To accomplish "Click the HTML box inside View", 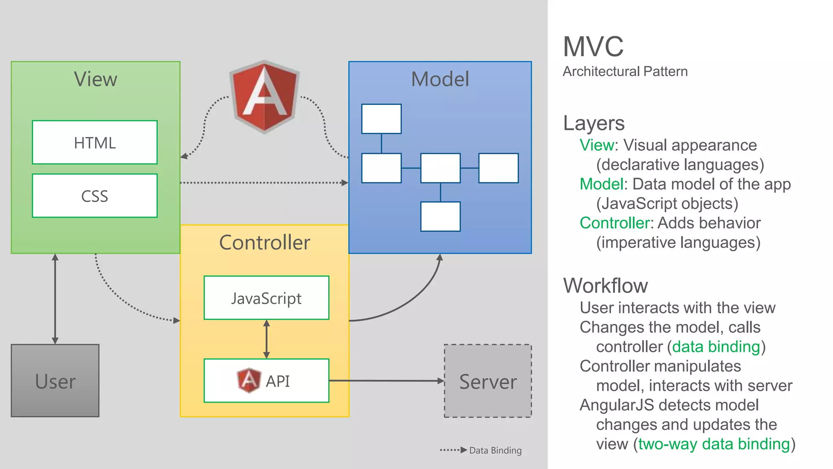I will tap(95, 142).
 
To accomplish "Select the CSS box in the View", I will tap(95, 196).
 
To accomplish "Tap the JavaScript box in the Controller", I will tap(266, 298).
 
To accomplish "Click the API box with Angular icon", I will tap(266, 381).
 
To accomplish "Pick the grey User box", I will tap(55, 381).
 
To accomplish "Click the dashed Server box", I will tap(488, 381).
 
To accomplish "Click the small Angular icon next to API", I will tap(249, 380).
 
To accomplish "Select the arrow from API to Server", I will tap(386, 381).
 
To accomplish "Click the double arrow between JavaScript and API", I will tap(266, 339).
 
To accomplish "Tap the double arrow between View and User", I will tap(55, 299).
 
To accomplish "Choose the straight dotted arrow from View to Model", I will tap(264, 183).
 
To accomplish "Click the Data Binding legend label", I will tap(495, 450).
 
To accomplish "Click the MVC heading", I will tap(593, 46).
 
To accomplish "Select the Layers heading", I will tap(593, 123).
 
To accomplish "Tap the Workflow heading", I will tap(605, 285).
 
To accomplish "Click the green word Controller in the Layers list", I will tap(614, 223).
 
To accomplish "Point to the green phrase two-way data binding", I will tap(714, 444).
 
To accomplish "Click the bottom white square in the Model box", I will tap(440, 217).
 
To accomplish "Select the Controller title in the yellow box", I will tap(264, 243).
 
